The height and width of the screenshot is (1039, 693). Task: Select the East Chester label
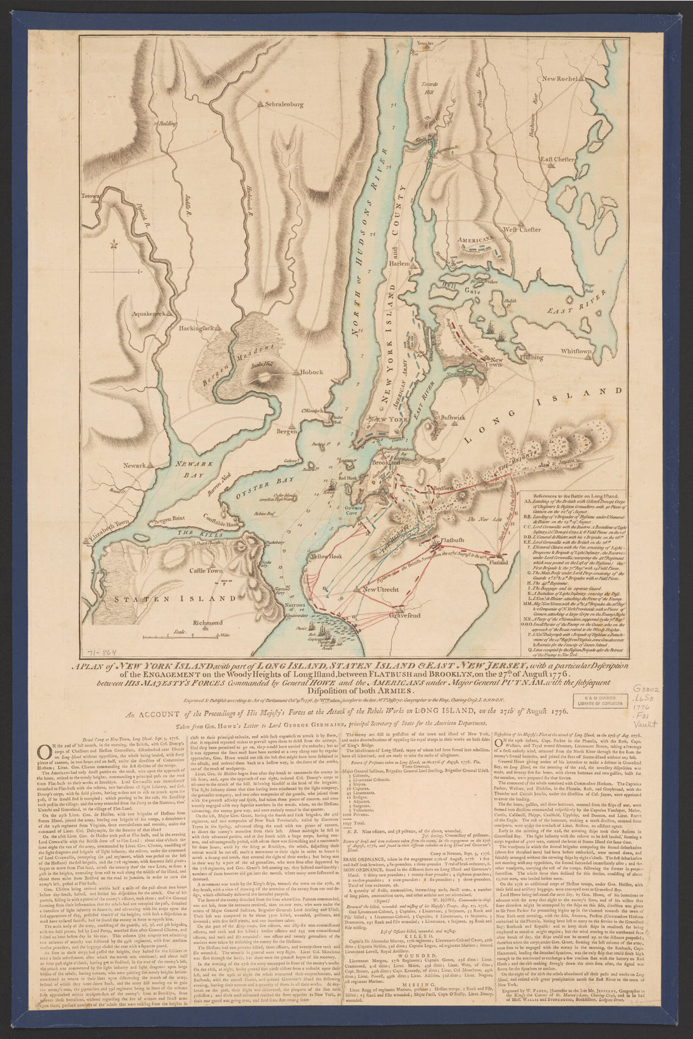(x=557, y=160)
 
